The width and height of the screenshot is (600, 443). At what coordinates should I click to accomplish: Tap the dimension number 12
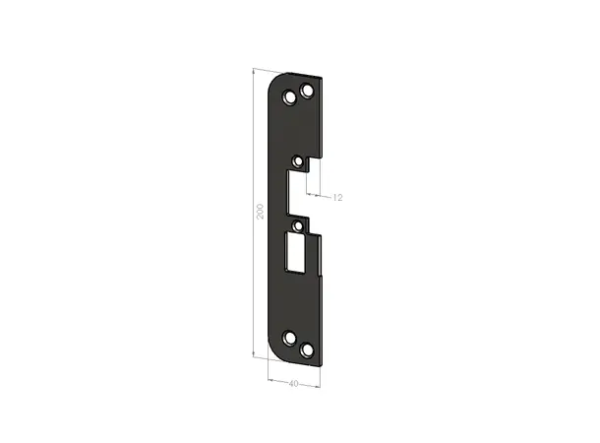[336, 198]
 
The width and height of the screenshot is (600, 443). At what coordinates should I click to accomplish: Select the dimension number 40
[294, 383]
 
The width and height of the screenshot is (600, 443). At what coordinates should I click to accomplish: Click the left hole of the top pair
[290, 98]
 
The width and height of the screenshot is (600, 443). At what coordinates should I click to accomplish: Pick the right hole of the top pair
[308, 91]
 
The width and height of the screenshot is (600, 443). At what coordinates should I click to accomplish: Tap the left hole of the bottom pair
[290, 340]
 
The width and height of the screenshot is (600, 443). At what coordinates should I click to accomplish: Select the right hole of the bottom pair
[308, 348]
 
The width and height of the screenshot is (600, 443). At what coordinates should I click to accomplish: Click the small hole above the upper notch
[298, 159]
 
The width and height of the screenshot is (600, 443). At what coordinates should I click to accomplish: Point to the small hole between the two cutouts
[298, 225]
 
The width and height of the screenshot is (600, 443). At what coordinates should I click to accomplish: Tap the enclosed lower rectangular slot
[296, 252]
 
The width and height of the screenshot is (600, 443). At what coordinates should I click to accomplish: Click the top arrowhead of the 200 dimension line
[253, 72]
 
